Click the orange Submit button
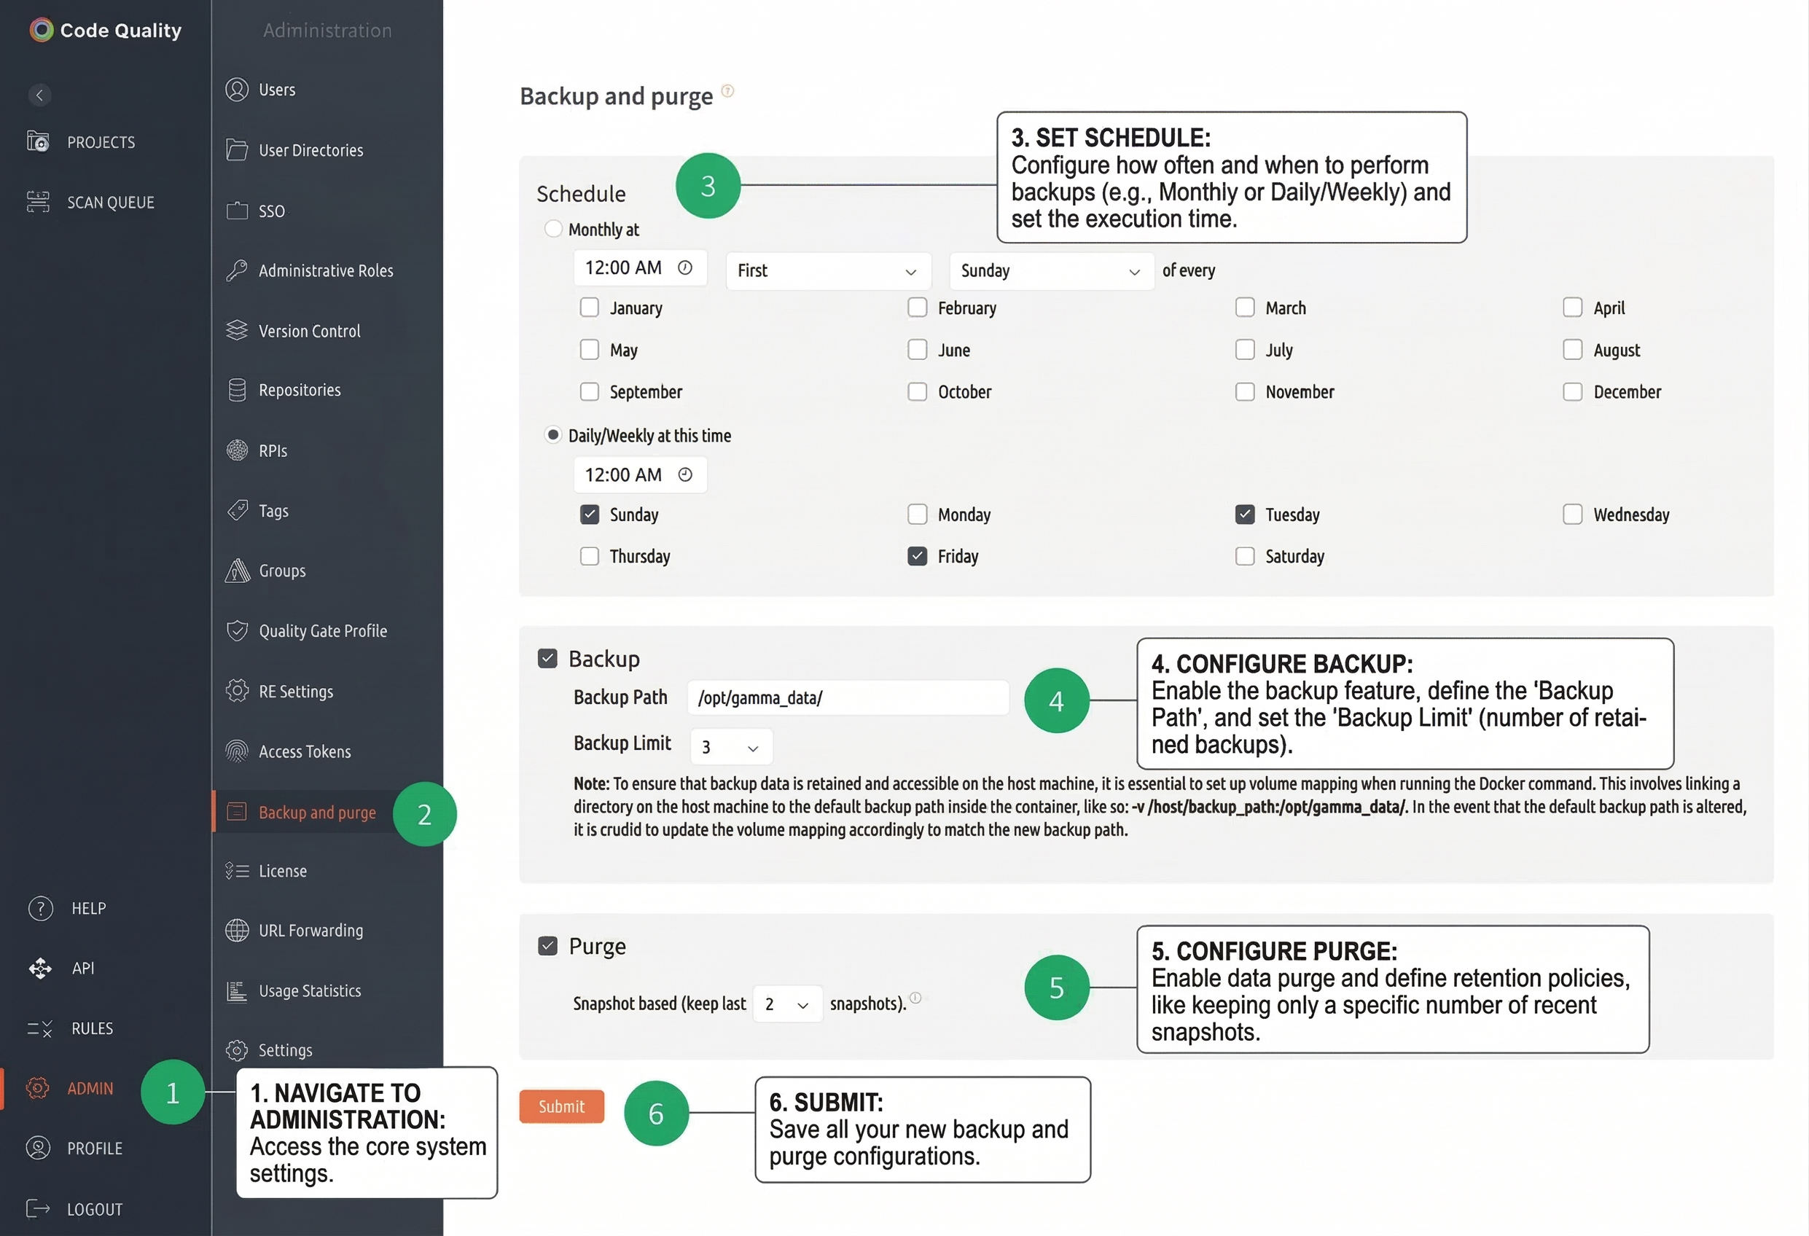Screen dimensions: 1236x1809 [x=561, y=1106]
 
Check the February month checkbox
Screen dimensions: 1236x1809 [x=917, y=308]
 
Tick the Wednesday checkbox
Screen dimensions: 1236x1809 [x=1572, y=515]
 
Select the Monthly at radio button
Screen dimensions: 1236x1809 [x=552, y=229]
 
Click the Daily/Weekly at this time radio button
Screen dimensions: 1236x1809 [x=552, y=435]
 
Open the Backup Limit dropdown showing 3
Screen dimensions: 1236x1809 [x=731, y=746]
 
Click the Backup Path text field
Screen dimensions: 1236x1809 [x=847, y=697]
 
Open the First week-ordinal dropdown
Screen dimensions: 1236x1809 [x=827, y=271]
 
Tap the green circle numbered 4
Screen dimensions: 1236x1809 [x=1055, y=700]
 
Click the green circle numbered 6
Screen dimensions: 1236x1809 [x=656, y=1113]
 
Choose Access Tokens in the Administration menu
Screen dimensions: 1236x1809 [x=305, y=752]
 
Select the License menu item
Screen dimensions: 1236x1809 [x=283, y=871]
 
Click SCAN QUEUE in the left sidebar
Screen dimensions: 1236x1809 [x=110, y=203]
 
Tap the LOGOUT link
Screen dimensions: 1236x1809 [x=94, y=1210]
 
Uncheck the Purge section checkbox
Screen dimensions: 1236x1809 [x=548, y=946]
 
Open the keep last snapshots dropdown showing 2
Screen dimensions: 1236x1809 [x=787, y=1004]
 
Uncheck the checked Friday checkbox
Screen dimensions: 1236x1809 [x=917, y=556]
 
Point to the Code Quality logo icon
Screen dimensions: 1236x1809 [x=42, y=31]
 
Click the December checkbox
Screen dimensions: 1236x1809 [x=1572, y=391]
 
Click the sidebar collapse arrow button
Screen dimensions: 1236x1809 [x=39, y=95]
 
